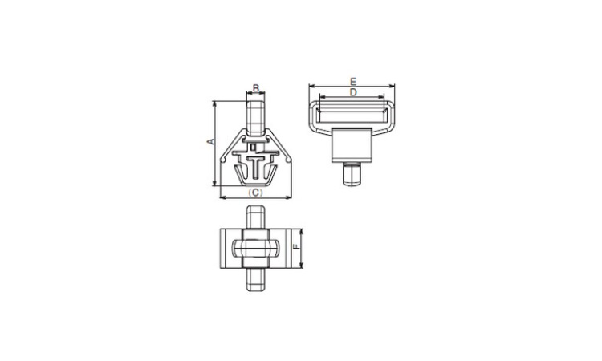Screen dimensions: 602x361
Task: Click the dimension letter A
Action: tap(210, 141)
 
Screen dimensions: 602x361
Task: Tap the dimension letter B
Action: tap(256, 88)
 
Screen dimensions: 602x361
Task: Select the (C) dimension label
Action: tap(256, 193)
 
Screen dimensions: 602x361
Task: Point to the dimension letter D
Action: tap(353, 92)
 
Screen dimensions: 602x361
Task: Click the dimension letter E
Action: tap(353, 81)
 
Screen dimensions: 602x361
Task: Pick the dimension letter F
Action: tap(296, 247)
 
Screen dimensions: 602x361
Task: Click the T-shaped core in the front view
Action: tap(256, 167)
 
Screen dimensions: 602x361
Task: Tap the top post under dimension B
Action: tap(255, 118)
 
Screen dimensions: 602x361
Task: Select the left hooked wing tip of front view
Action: tap(222, 158)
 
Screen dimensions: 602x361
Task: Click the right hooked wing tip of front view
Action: tap(289, 158)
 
